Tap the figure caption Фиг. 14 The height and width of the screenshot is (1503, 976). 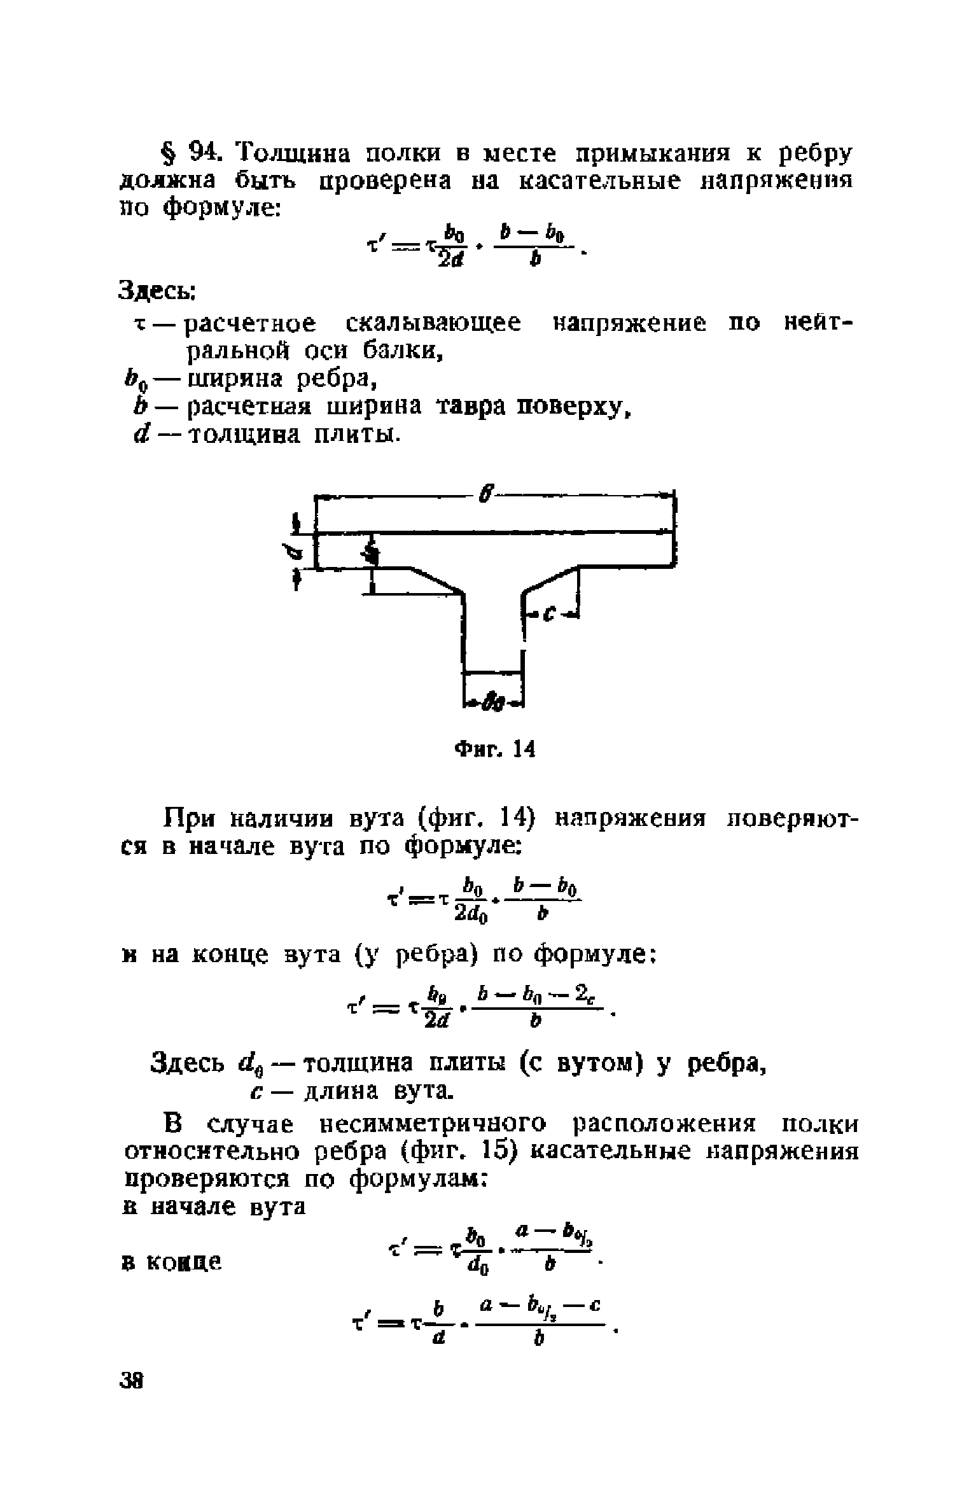pos(494,750)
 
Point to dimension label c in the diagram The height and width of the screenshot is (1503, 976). pos(551,613)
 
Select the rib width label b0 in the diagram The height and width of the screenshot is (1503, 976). pos(494,701)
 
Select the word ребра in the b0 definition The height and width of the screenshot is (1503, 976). pos(335,379)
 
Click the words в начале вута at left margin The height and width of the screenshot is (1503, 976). pos(214,1206)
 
